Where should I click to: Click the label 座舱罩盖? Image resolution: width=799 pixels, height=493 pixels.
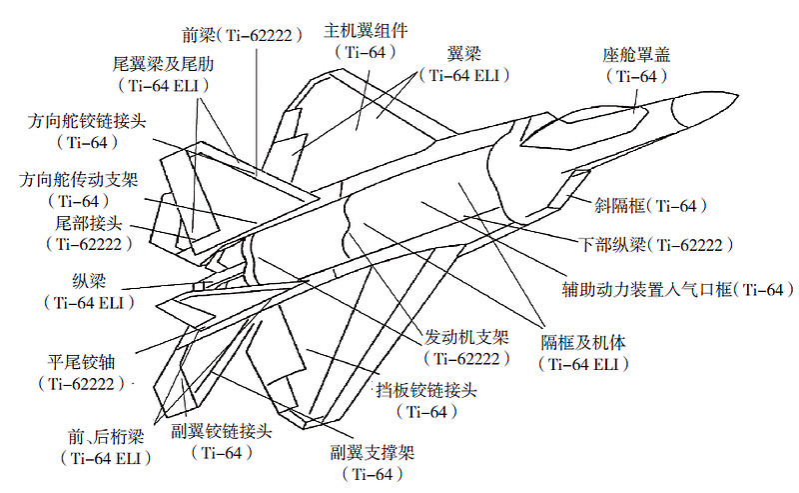(636, 55)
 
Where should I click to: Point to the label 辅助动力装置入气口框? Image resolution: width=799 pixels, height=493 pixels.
(647, 289)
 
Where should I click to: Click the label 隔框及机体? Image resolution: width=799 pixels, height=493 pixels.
(583, 342)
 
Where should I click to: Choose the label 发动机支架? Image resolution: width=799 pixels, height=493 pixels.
(466, 337)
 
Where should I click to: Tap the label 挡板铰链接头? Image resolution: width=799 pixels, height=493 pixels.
(426, 390)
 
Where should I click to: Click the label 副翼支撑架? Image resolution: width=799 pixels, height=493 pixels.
(372, 452)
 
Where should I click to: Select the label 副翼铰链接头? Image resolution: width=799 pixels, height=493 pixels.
(222, 431)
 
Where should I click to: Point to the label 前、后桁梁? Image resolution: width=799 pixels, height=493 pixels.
(106, 436)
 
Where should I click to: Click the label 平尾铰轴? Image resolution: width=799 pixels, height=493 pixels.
(82, 362)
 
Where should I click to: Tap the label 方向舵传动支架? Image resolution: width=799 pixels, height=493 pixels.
(79, 180)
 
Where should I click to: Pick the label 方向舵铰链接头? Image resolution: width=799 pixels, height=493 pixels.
(87, 121)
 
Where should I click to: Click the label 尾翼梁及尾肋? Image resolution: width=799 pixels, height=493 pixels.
(163, 64)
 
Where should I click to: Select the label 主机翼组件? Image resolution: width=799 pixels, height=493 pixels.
(366, 31)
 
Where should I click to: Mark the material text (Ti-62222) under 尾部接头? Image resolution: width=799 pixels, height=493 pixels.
(89, 244)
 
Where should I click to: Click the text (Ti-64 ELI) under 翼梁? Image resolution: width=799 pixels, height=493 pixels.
(464, 76)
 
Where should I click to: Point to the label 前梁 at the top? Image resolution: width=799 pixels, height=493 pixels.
(199, 35)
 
